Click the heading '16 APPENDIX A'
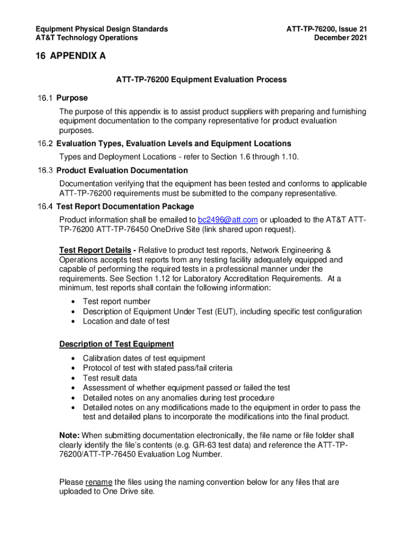click(x=71, y=56)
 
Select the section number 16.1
click(x=45, y=98)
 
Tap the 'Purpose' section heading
click(x=72, y=98)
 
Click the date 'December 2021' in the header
click(x=340, y=38)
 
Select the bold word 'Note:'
click(x=70, y=435)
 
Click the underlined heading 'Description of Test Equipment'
click(x=116, y=344)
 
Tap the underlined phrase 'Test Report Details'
click(x=95, y=250)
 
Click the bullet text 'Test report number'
click(x=117, y=301)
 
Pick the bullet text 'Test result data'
click(x=110, y=378)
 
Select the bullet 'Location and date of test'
click(x=126, y=321)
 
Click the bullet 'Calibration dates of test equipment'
click(x=144, y=358)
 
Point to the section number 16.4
click(x=45, y=206)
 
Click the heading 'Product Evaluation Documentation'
click(x=122, y=170)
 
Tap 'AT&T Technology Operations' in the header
click(x=86, y=38)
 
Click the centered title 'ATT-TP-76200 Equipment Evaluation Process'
click(x=201, y=80)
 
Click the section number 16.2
click(x=45, y=143)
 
